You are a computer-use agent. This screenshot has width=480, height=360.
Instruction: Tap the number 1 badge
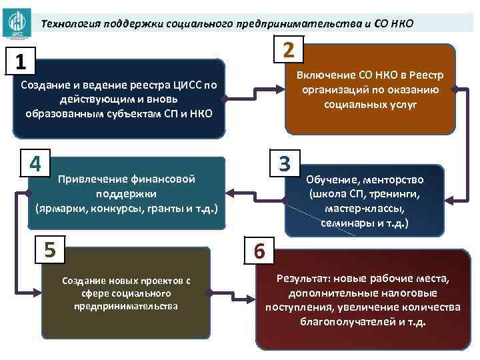21,63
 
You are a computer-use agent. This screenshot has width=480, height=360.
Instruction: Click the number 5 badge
50,249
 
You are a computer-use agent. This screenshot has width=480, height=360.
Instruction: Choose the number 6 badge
259,252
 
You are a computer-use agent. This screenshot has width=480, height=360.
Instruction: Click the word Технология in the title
69,24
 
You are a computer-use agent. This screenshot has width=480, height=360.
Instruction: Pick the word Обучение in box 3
332,179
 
